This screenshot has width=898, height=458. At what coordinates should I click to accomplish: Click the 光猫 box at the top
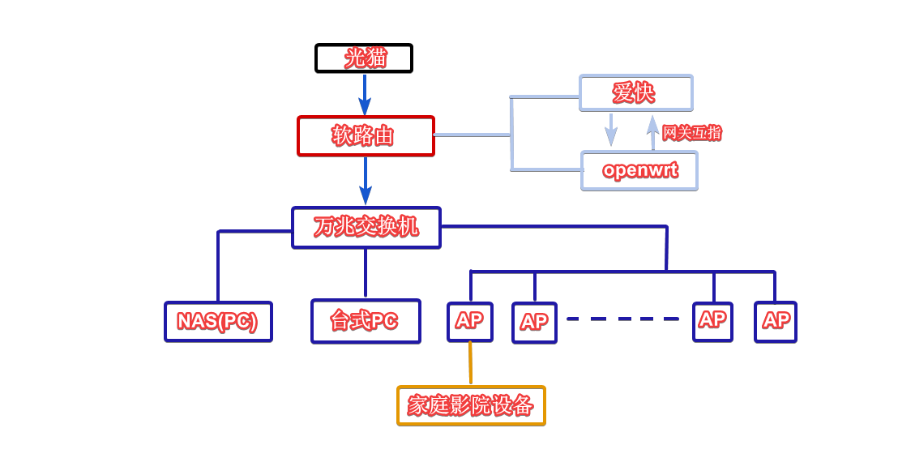pos(364,58)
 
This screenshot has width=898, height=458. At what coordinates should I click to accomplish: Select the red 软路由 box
pos(366,135)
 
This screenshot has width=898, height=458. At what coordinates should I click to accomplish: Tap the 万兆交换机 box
pos(366,227)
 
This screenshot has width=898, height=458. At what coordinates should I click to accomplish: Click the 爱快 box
pos(635,93)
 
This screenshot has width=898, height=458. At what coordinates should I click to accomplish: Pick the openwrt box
pos(639,171)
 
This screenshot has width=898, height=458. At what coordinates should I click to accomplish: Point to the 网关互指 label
pos(691,133)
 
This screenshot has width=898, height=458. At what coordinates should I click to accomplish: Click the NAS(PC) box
pos(218,322)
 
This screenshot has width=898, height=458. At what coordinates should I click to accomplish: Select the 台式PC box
pos(366,321)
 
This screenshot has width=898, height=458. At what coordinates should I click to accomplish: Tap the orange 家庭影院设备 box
pos(471,405)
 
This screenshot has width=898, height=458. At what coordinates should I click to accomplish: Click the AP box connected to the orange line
pos(470,321)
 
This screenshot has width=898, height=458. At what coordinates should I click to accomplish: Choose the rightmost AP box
pos(776,322)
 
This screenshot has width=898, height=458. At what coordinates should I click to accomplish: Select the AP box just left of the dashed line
pos(534,323)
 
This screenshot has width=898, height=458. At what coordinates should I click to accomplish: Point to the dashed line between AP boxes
pos(622,319)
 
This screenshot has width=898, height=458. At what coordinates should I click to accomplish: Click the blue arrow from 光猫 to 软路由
pos(365,94)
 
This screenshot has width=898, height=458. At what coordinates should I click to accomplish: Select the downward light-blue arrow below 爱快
pos(611,129)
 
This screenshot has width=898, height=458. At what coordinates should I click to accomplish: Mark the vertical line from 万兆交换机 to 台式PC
pos(366,272)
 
